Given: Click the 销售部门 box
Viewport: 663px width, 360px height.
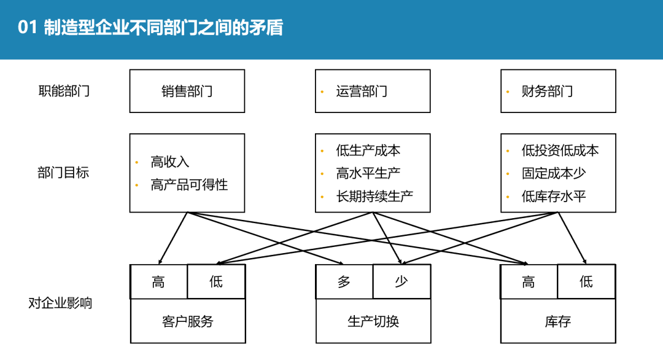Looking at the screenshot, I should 187,91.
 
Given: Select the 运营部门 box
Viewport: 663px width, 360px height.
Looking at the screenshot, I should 373,91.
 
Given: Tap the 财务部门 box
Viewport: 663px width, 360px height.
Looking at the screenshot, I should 558,91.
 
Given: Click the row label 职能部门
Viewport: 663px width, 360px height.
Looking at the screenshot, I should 64,92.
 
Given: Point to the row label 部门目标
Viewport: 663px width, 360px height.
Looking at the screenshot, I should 64,173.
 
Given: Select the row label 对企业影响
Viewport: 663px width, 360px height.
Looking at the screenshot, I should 60,303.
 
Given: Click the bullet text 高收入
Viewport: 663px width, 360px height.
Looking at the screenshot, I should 170,162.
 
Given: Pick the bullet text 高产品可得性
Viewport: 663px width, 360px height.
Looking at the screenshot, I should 189,184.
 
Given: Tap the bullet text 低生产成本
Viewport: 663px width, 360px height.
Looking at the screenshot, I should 368,151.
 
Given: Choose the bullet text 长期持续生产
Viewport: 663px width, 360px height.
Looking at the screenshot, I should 374,197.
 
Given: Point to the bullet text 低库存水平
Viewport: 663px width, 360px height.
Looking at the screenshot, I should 554,197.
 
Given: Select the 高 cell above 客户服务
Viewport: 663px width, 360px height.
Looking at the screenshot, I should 158,282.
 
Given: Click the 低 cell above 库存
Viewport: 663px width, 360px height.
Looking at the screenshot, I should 586,282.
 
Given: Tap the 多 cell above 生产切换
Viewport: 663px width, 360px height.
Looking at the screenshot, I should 344,282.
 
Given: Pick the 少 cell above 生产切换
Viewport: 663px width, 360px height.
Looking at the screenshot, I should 401,282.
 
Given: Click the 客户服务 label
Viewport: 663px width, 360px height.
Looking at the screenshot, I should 188,321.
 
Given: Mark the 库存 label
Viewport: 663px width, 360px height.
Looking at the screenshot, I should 558,321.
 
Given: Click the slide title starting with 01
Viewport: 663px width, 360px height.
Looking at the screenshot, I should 151,28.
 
